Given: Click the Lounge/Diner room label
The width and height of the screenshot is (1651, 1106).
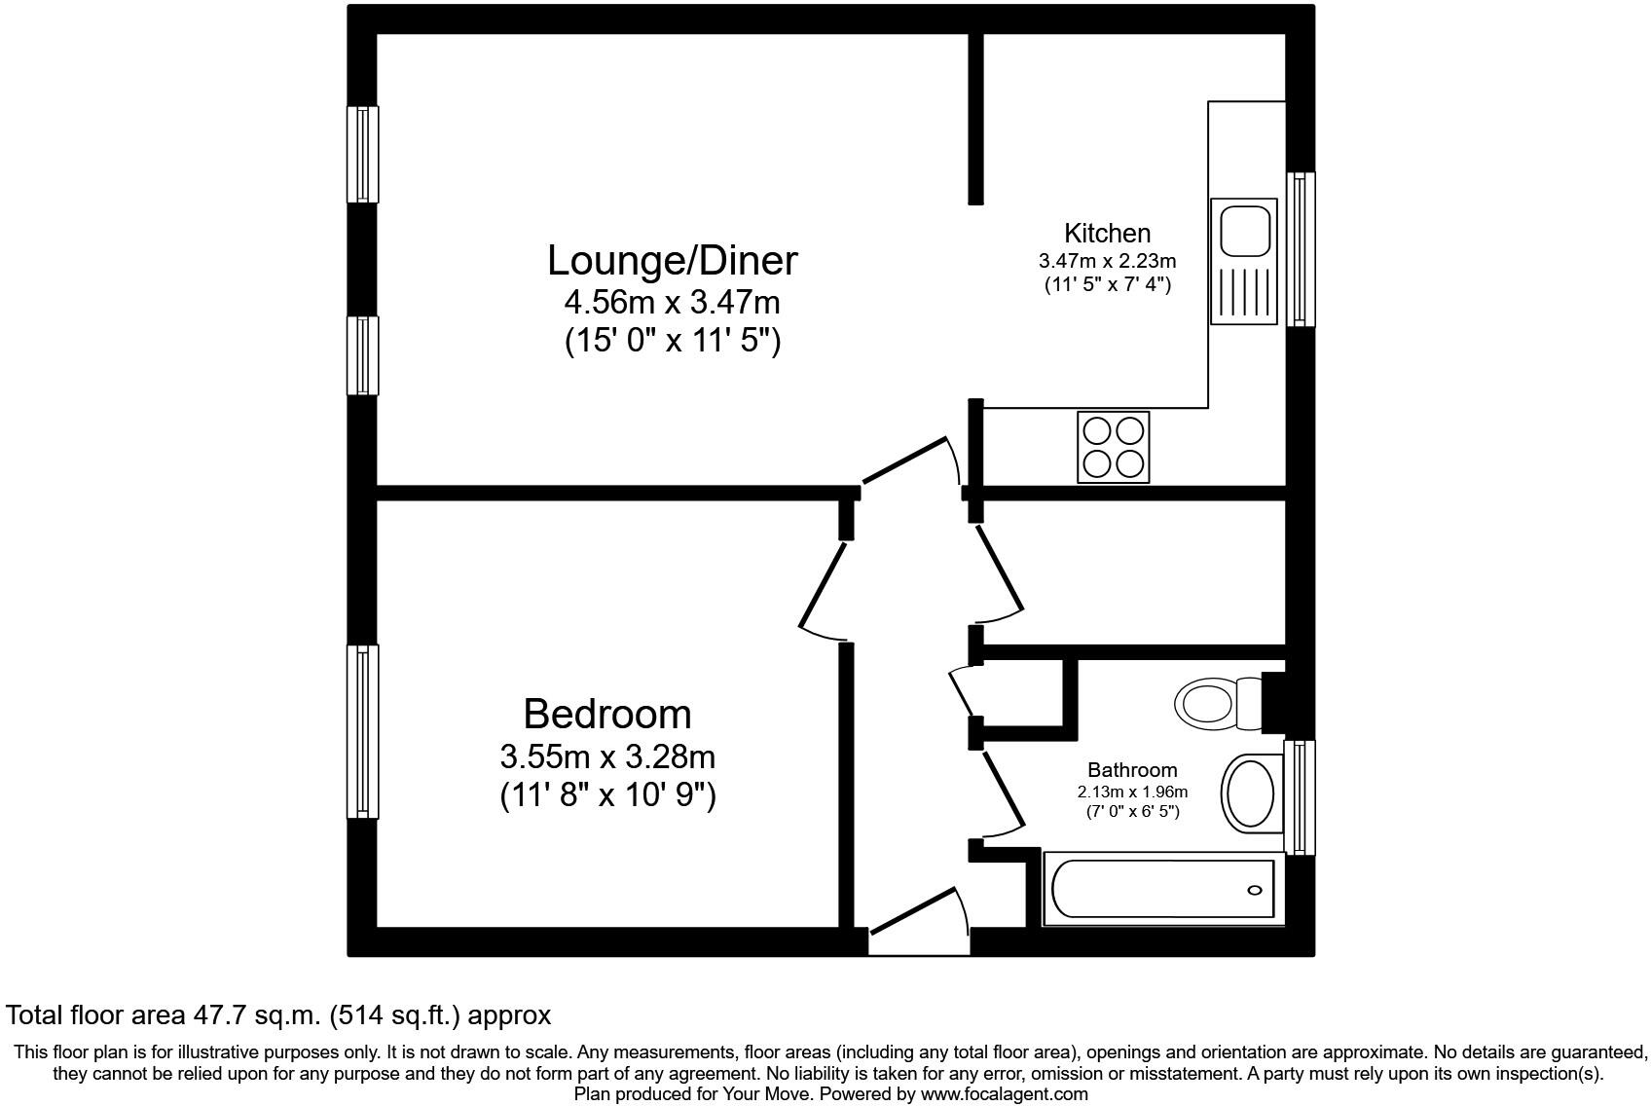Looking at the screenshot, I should [672, 261].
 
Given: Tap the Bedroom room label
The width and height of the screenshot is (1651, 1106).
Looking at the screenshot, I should [607, 714].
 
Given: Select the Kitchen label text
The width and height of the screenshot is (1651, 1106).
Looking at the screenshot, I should [1107, 234].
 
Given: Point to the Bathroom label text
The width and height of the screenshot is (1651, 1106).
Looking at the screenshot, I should [1132, 770].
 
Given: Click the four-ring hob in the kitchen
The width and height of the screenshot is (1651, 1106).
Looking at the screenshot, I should [1114, 447].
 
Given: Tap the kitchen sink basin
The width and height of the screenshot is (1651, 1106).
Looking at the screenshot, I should [1242, 230].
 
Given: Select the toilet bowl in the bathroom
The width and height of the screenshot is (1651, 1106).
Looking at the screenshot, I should [1205, 701].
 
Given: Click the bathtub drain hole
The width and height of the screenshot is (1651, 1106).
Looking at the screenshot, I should [1255, 890].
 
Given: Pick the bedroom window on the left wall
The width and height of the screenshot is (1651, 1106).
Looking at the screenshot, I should [363, 731].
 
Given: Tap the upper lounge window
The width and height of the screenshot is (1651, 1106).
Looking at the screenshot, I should [363, 154].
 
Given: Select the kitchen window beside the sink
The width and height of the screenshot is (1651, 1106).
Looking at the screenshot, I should [1301, 249].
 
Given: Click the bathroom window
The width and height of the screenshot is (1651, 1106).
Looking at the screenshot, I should [1300, 796].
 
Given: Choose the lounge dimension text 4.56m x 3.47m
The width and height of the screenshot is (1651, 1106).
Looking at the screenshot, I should [672, 303].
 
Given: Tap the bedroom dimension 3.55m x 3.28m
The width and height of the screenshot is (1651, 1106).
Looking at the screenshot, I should [607, 756].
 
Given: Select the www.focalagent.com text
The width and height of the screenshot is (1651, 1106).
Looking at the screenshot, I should [1004, 1094].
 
